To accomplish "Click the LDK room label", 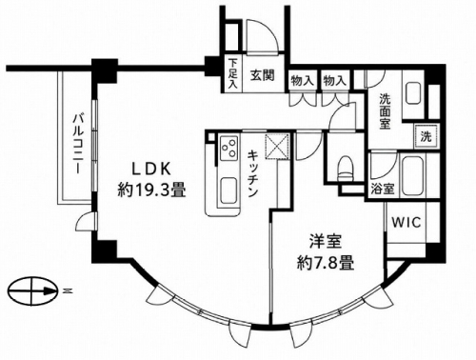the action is click(151, 169).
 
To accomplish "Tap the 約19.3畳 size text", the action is click(151, 190).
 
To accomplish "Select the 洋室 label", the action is click(326, 242).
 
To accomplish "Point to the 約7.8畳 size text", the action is click(326, 263).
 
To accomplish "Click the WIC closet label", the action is click(407, 222).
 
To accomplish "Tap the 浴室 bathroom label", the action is click(383, 190).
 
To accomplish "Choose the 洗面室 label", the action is click(385, 111).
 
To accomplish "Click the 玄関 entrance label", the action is click(262, 75).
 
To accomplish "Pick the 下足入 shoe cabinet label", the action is click(233, 74).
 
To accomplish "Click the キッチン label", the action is click(252, 173).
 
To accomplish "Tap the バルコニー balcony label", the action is click(78, 144).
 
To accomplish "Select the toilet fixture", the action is click(345, 169).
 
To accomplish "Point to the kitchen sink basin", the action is click(228, 190).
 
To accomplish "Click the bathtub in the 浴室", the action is click(413, 175).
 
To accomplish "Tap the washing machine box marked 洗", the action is click(426, 136).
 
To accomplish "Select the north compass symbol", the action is click(33, 290).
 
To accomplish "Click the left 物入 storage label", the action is click(303, 81).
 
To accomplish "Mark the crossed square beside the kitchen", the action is click(278, 146).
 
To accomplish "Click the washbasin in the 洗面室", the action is click(413, 93).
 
